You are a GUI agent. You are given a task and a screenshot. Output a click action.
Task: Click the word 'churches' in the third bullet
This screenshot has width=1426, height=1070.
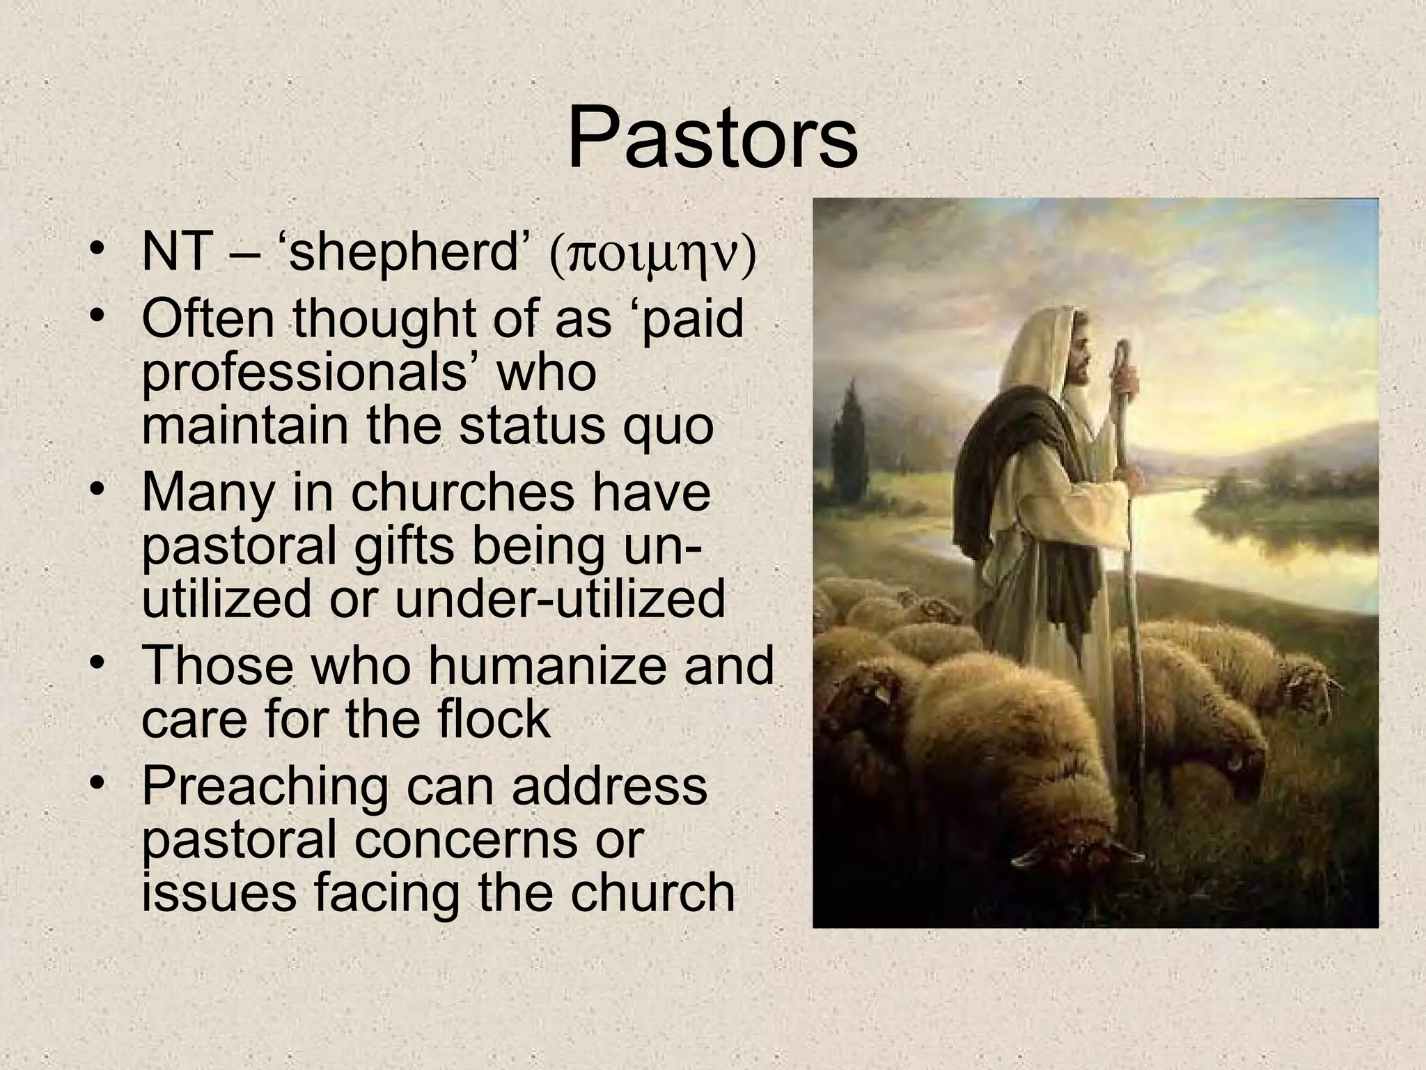tap(462, 491)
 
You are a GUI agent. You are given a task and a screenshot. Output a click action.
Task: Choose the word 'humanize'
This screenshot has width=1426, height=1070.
tap(539, 665)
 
